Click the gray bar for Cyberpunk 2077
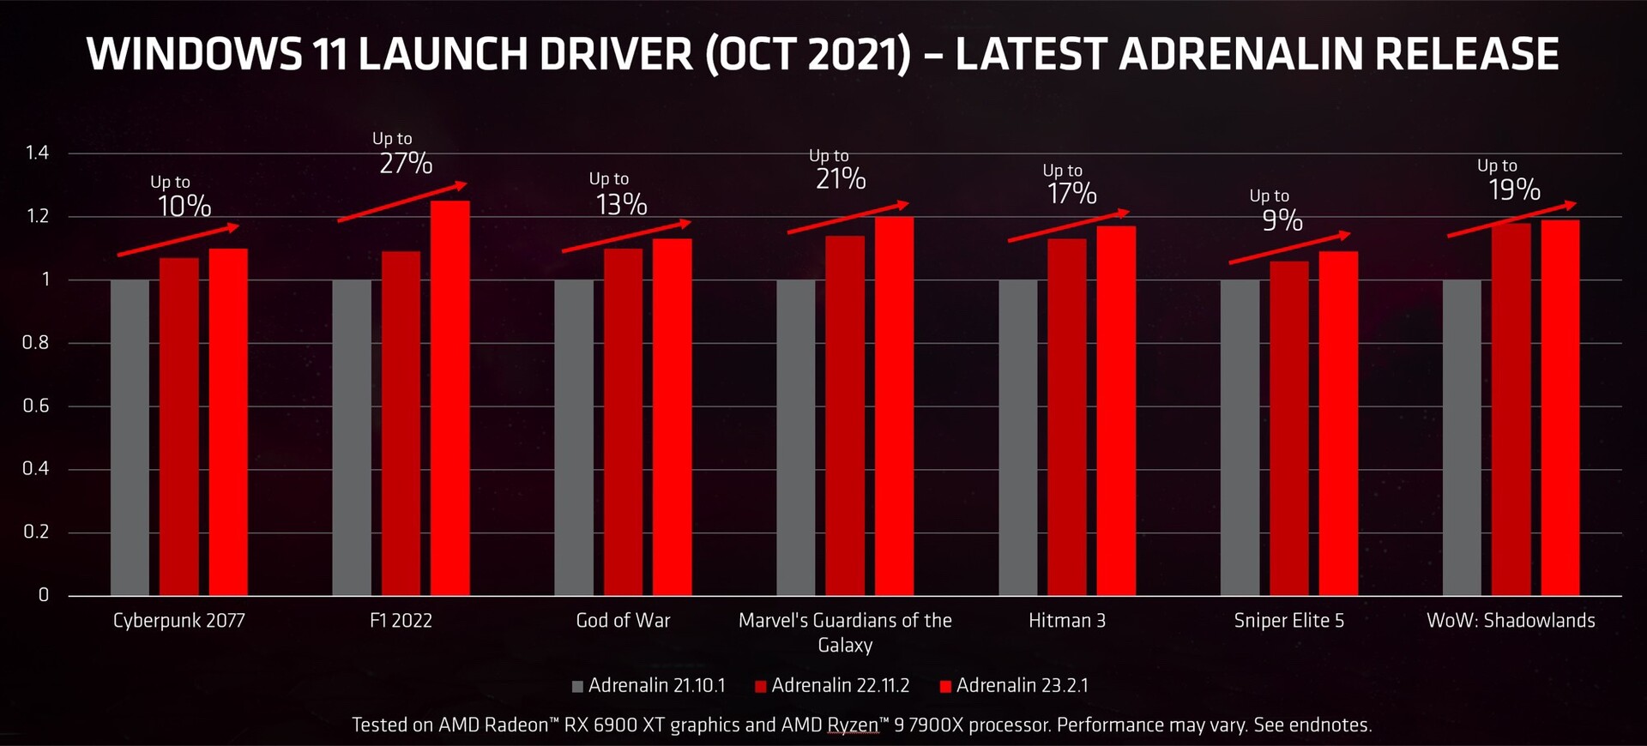tap(130, 437)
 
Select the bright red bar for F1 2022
tap(449, 399)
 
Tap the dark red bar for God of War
tap(623, 422)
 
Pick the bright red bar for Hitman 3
tap(1116, 411)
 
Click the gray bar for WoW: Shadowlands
tap(1462, 437)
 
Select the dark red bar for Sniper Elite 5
tap(1289, 428)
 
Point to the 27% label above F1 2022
tap(406, 163)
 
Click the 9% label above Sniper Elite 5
tap(1282, 220)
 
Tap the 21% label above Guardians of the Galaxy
tap(841, 178)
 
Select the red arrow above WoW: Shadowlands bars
tap(1511, 220)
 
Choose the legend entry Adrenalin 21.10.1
tap(649, 686)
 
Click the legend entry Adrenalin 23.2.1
tap(1015, 686)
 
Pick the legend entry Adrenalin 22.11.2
tap(832, 686)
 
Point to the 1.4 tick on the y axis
tap(37, 153)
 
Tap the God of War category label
tap(623, 620)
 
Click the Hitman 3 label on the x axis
tap(1067, 620)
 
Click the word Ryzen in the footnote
tap(853, 725)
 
